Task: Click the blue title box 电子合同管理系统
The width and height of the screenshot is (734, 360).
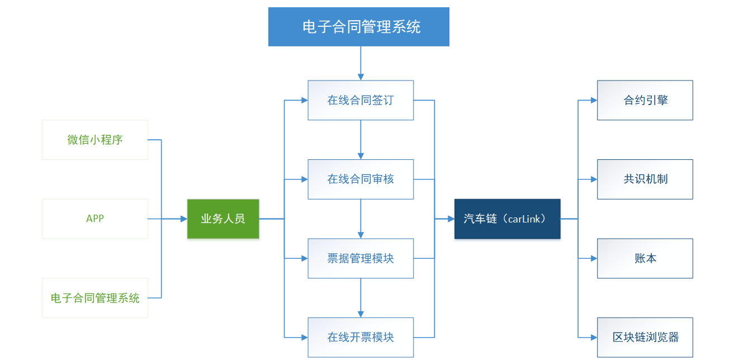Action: (358, 27)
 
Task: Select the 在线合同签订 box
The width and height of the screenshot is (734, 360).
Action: (361, 101)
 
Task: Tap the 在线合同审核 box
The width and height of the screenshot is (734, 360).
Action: (361, 179)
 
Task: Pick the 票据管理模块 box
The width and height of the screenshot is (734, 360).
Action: (361, 258)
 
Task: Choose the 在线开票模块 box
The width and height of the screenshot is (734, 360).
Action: (361, 337)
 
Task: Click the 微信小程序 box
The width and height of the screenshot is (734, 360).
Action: (95, 140)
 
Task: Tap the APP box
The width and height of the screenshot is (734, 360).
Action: (95, 219)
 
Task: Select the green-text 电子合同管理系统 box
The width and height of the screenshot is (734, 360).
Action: (95, 298)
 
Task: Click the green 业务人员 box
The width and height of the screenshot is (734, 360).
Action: (223, 219)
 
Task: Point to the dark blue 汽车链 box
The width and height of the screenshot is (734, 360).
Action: (507, 219)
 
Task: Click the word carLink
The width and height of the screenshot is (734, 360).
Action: (524, 219)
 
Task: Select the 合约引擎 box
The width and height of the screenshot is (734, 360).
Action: (645, 101)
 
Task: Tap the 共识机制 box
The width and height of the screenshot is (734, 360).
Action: (645, 179)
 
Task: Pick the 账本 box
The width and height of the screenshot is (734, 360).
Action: (645, 258)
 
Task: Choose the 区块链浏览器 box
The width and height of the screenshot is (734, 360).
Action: (645, 337)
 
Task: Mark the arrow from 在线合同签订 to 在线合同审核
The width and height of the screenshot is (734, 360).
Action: (361, 140)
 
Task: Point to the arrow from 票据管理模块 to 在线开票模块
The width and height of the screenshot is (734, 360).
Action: (361, 298)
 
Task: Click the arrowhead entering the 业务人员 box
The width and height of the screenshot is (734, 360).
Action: (184, 219)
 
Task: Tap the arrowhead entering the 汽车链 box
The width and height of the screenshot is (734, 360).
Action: (451, 219)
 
